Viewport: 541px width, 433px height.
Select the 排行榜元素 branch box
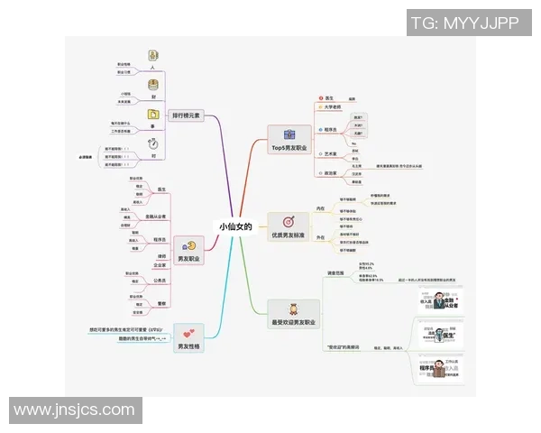tap(187, 115)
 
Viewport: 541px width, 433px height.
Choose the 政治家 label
tap(331, 173)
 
